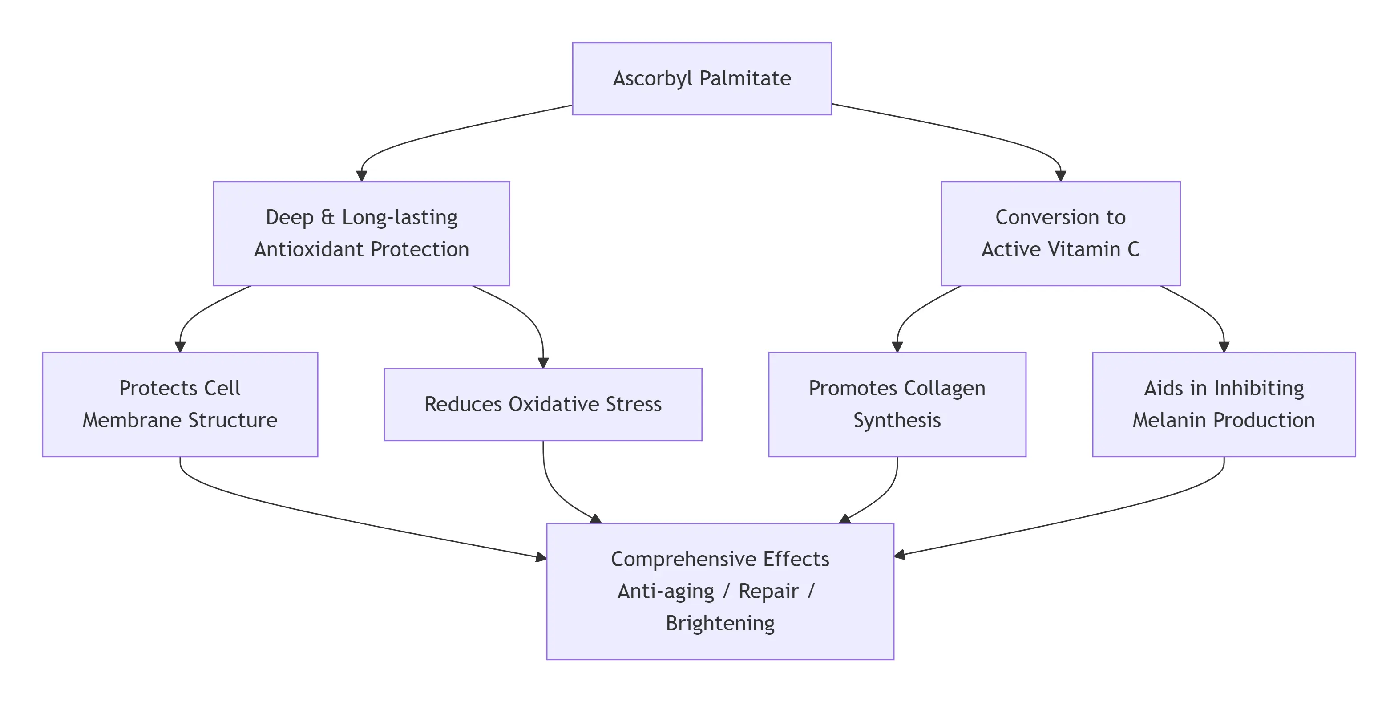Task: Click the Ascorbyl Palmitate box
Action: (x=702, y=78)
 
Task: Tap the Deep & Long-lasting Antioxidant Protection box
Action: (x=361, y=233)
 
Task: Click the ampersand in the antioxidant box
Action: (x=328, y=217)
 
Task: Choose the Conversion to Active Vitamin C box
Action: (x=1060, y=233)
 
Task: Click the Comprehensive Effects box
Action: (x=719, y=591)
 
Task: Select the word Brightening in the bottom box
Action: (x=719, y=623)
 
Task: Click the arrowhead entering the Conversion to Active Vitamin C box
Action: (x=1060, y=176)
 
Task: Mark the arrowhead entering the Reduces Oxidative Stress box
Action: (x=543, y=363)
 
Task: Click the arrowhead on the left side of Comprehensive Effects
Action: (x=541, y=557)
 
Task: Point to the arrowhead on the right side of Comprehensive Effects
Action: (x=900, y=554)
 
